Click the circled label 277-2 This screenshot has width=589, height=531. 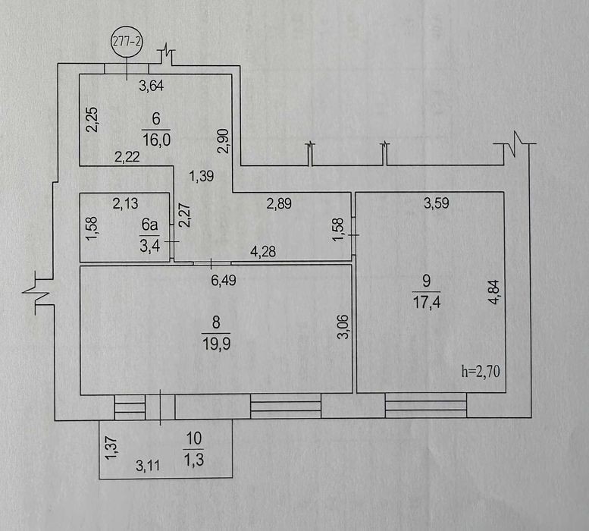127,42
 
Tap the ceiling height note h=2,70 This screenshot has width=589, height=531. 481,371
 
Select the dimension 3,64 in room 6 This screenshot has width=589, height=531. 152,86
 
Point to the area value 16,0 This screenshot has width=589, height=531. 157,140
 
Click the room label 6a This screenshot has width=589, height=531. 149,225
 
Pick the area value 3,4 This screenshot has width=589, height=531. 150,247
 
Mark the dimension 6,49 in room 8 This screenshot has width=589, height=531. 224,280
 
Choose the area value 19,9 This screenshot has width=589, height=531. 216,343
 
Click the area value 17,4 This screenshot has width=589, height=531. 427,302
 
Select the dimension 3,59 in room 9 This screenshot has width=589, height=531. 437,203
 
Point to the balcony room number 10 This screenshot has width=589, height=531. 194,438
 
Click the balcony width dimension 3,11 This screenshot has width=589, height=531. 148,466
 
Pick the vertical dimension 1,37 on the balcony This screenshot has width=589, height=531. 112,448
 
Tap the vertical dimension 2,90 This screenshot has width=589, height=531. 223,141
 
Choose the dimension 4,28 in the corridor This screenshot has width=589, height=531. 263,251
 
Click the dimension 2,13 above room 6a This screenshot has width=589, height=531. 126,203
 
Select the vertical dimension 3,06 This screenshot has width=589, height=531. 343,327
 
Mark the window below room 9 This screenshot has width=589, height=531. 426,406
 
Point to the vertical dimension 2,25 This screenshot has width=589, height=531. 92,120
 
